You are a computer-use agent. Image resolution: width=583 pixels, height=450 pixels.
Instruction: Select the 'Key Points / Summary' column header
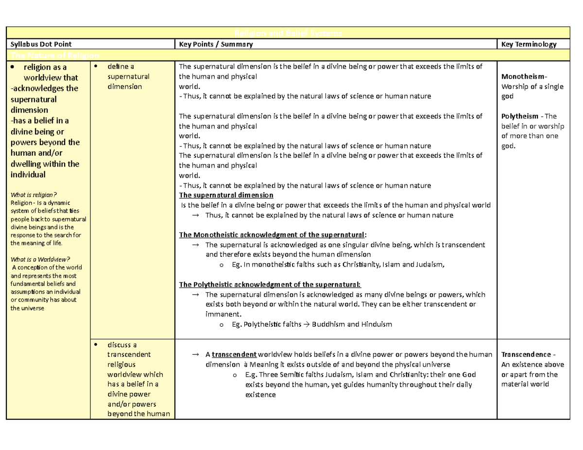[216, 44]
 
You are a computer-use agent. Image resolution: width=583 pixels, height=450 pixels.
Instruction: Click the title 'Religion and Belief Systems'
[289, 33]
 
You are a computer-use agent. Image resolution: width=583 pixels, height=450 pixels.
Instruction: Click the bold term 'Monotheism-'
[524, 77]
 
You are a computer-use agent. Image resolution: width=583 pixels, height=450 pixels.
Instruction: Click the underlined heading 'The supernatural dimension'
[226, 195]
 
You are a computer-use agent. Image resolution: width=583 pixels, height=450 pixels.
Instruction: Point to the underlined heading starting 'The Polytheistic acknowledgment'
[270, 284]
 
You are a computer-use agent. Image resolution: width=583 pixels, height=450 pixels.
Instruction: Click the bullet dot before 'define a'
[96, 66]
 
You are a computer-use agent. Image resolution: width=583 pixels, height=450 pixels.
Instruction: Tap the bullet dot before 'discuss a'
[96, 344]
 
